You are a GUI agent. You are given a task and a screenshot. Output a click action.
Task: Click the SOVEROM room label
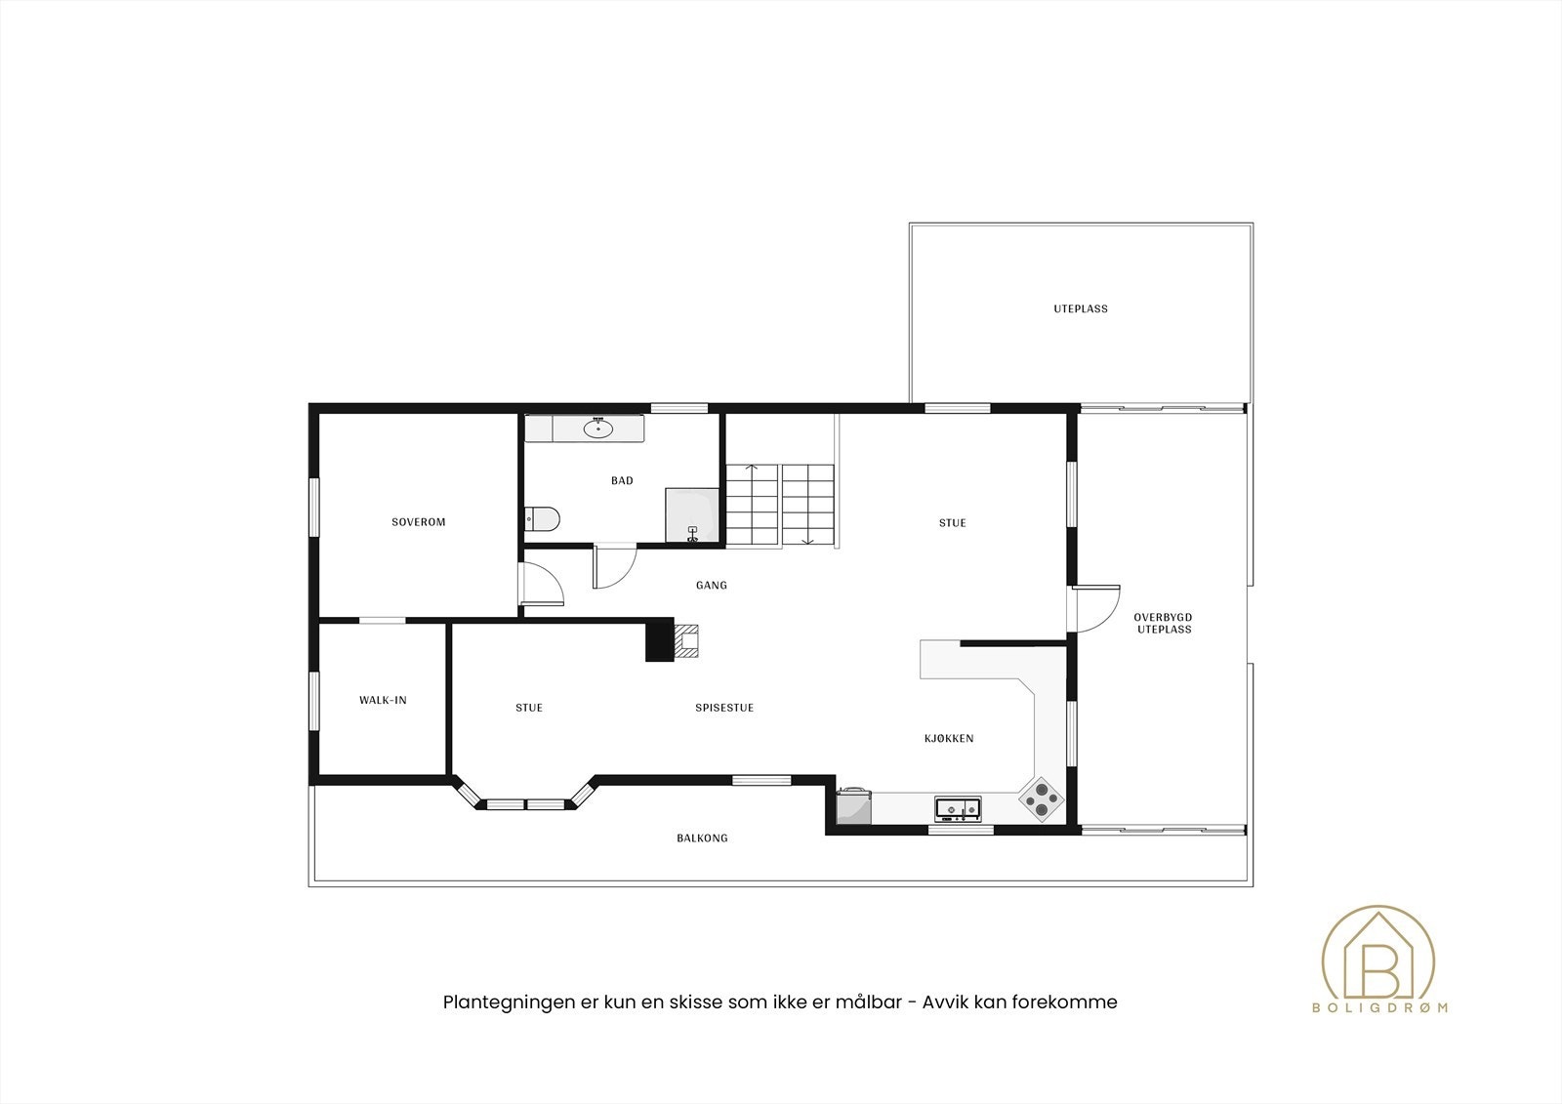pos(418,522)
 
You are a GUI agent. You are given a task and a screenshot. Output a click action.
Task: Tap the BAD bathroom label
pos(622,480)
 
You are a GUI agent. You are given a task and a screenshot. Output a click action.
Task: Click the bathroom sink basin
pos(596,427)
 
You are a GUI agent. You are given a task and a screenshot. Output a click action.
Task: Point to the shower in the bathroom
pos(692,514)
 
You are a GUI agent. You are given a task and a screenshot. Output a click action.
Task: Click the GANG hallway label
pos(711,586)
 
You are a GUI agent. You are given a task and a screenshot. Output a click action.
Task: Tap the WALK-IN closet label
pos(383,700)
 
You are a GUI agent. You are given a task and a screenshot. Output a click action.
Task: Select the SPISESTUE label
pos(724,708)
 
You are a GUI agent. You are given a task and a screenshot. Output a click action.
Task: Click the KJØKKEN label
pos(949,738)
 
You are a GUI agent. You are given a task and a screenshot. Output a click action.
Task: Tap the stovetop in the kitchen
pos(1042,799)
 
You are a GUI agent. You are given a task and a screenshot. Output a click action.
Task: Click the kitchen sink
pos(958,807)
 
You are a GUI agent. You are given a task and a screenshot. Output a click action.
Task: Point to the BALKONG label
pos(702,838)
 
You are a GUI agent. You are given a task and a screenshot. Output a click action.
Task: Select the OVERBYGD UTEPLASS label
pos(1163,623)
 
